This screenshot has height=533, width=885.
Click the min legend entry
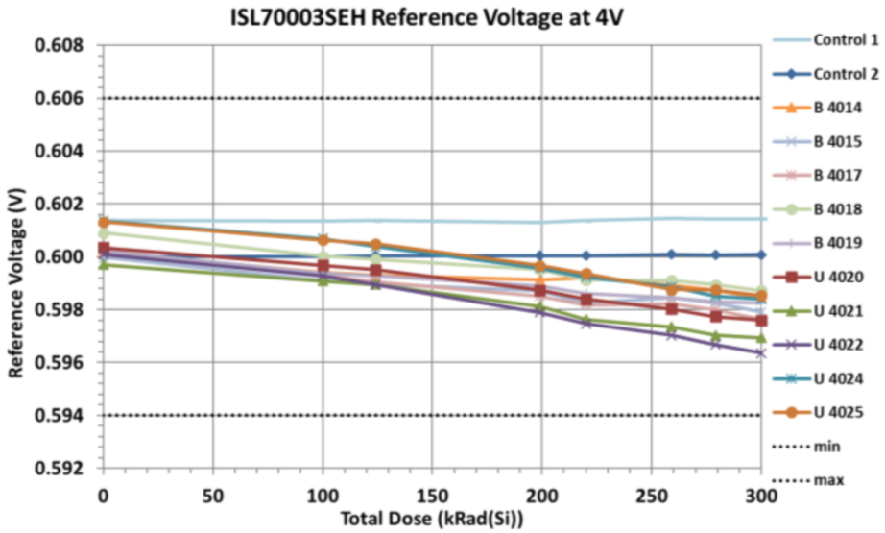coord(825,447)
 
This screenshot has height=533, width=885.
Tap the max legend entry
coord(826,480)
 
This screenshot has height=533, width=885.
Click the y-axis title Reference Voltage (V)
coord(16,257)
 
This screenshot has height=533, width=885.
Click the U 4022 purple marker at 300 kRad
coord(761,353)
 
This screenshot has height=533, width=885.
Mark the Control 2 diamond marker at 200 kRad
coord(540,256)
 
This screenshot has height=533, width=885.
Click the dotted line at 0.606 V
coord(432,99)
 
